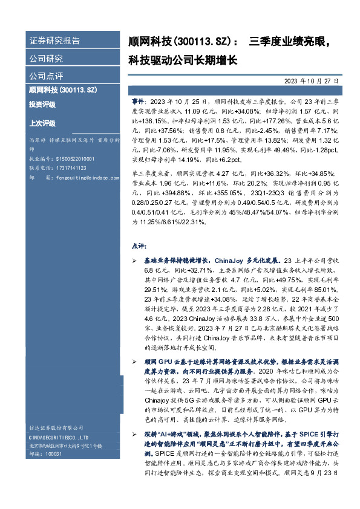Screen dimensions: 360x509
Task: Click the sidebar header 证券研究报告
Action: [x=54, y=41]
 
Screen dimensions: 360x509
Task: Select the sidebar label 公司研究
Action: [x=46, y=59]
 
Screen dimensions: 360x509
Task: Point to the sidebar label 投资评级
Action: [x=42, y=105]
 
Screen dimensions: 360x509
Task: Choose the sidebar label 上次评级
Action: [x=42, y=123]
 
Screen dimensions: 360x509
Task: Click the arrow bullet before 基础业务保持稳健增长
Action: [x=134, y=259]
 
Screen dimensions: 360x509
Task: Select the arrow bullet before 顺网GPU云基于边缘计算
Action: [x=134, y=360]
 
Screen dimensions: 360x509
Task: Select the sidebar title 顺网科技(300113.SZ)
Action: [x=63, y=90]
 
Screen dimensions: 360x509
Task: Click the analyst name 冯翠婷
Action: [x=37, y=140]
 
